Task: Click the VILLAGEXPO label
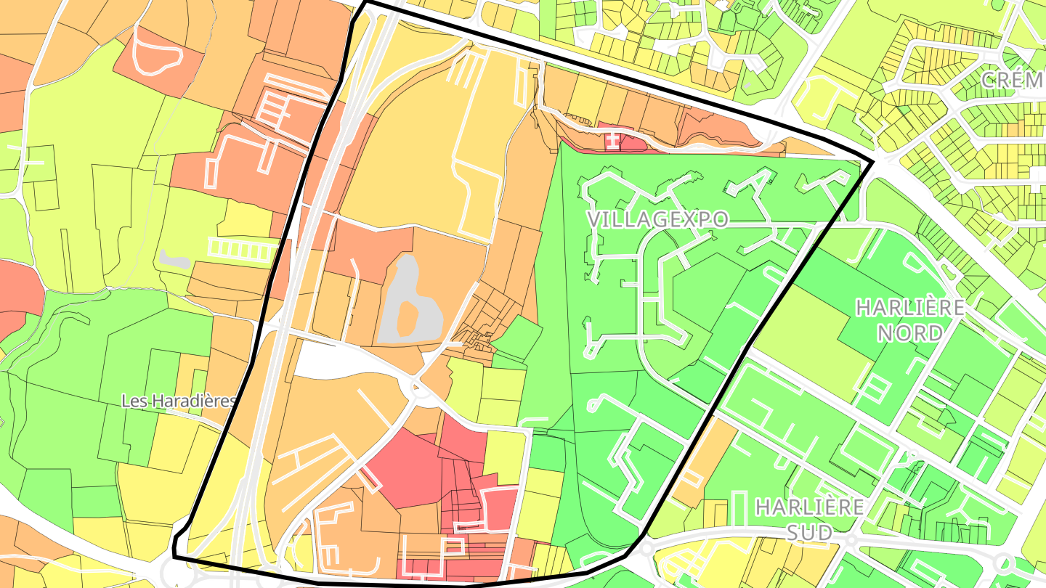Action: click(x=657, y=220)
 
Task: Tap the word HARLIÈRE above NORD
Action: click(x=909, y=308)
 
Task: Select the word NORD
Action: click(x=909, y=332)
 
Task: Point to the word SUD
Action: click(x=810, y=533)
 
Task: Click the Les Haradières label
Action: click(x=179, y=401)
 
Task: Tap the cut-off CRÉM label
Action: click(x=1013, y=80)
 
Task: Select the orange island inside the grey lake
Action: click(x=408, y=317)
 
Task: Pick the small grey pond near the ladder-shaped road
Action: click(x=174, y=257)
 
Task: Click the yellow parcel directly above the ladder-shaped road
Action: click(x=246, y=218)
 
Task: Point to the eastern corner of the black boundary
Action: click(x=871, y=161)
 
